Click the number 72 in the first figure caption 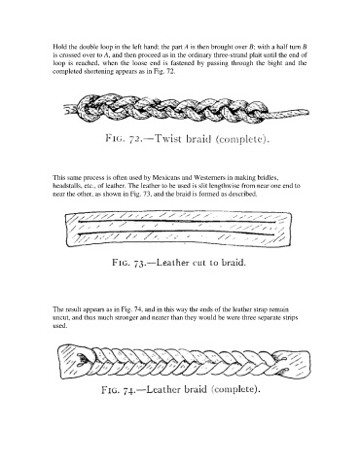(135, 139)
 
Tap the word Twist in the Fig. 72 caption (168, 138)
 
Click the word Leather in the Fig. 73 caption (172, 262)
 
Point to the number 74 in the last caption (128, 390)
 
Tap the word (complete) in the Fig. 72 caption (243, 139)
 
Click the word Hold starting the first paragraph (59, 47)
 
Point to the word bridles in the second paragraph (270, 178)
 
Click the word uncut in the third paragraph (59, 318)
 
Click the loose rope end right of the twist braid (289, 114)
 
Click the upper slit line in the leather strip (177, 222)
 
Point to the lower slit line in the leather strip (177, 233)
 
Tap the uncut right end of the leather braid (294, 364)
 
